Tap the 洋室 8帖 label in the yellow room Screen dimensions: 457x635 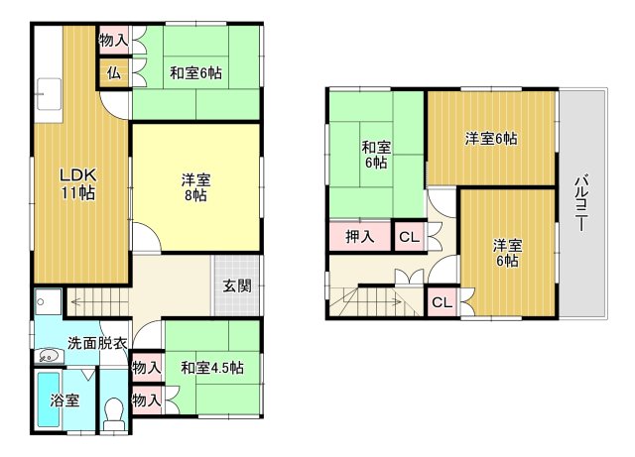pyautogui.click(x=194, y=187)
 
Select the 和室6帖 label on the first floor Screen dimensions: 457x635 pyautogui.click(x=194, y=72)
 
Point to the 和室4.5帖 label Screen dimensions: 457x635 pyautogui.click(x=211, y=368)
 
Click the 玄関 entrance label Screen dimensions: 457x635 pyautogui.click(x=236, y=286)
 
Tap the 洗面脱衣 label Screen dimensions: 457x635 pyautogui.click(x=96, y=344)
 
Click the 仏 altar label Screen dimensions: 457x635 pyautogui.click(x=114, y=72)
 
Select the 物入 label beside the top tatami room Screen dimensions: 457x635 pyautogui.click(x=113, y=41)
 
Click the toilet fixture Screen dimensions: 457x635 pyautogui.click(x=115, y=411)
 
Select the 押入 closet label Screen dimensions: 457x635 pyautogui.click(x=359, y=237)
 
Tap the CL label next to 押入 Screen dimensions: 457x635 pyautogui.click(x=408, y=237)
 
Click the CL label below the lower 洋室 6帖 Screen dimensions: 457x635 pyautogui.click(x=442, y=302)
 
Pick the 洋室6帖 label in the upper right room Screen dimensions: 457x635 pyautogui.click(x=491, y=139)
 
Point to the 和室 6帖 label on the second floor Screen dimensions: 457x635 pyautogui.click(x=376, y=155)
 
